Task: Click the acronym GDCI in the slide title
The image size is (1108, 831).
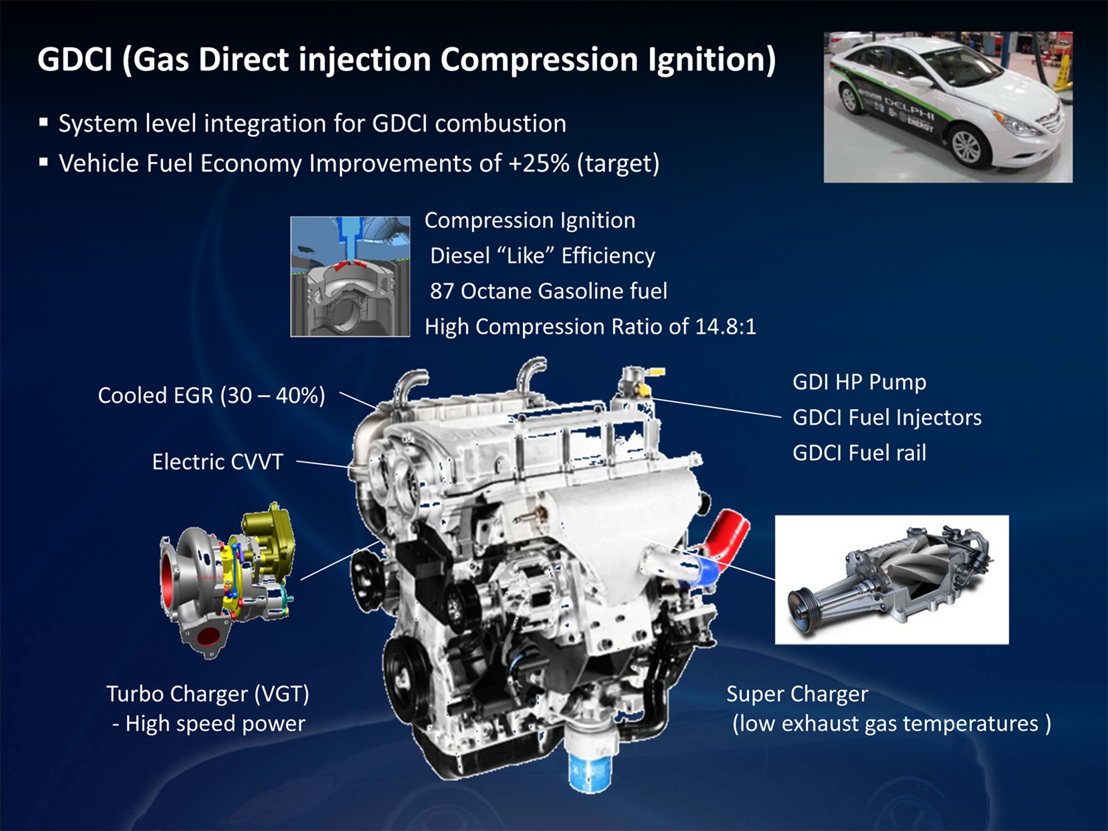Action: point(75,59)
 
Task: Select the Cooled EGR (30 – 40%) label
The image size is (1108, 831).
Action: point(212,395)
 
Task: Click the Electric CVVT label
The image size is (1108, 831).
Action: point(217,462)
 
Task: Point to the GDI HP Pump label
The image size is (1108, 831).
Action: point(859,382)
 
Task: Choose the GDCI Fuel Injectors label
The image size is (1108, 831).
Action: point(887,418)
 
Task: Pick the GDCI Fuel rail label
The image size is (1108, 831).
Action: point(859,453)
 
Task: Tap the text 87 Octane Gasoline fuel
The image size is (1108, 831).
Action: point(549,291)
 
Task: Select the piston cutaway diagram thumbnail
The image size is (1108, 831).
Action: point(350,276)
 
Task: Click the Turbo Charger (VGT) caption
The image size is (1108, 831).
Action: point(208,694)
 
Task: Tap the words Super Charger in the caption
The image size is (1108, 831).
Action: point(797,694)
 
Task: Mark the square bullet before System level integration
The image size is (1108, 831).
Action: point(43,122)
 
